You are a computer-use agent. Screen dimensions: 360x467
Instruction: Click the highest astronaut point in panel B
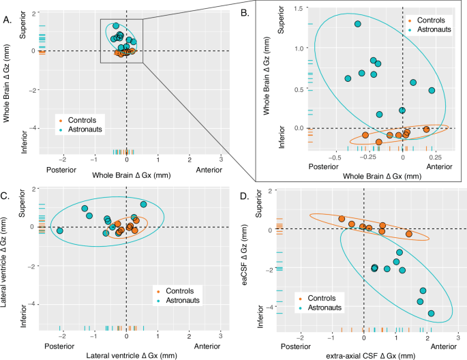[357, 24]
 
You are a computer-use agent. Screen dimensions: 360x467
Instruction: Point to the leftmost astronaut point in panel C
[59, 231]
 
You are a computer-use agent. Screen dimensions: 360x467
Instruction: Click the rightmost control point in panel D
[409, 234]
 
